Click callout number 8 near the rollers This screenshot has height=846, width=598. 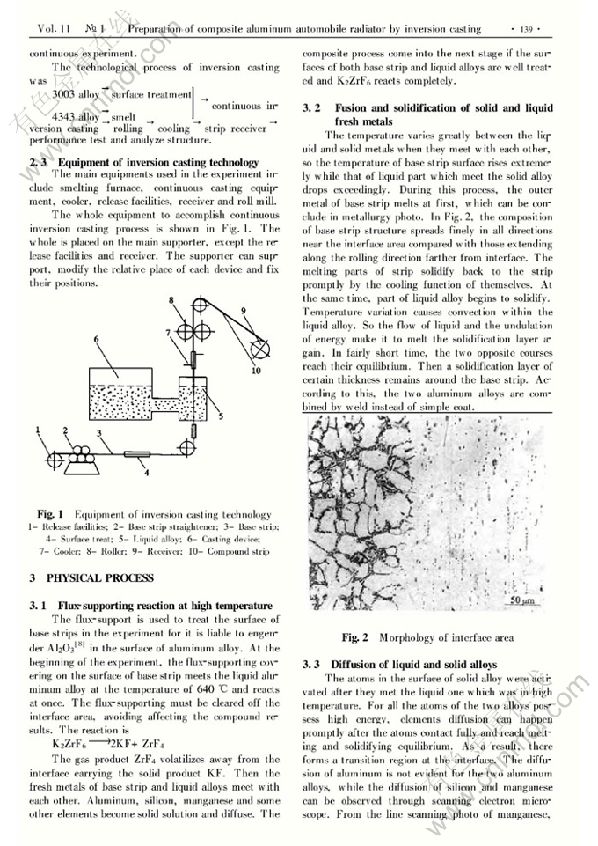coord(172,301)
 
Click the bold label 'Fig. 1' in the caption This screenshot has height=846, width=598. coord(49,513)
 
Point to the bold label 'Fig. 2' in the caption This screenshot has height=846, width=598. coord(355,636)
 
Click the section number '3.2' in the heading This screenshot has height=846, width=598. coord(310,108)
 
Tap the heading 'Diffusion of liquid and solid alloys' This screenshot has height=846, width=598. coord(412,663)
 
